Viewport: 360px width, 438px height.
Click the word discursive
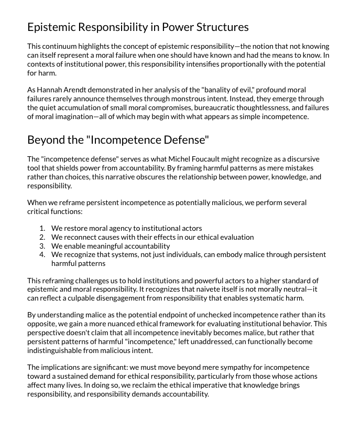coord(301,159)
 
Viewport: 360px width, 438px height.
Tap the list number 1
coord(42,228)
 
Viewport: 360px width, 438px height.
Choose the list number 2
coord(42,237)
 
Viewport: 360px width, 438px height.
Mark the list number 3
coord(42,246)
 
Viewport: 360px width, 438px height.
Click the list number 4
coord(42,254)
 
